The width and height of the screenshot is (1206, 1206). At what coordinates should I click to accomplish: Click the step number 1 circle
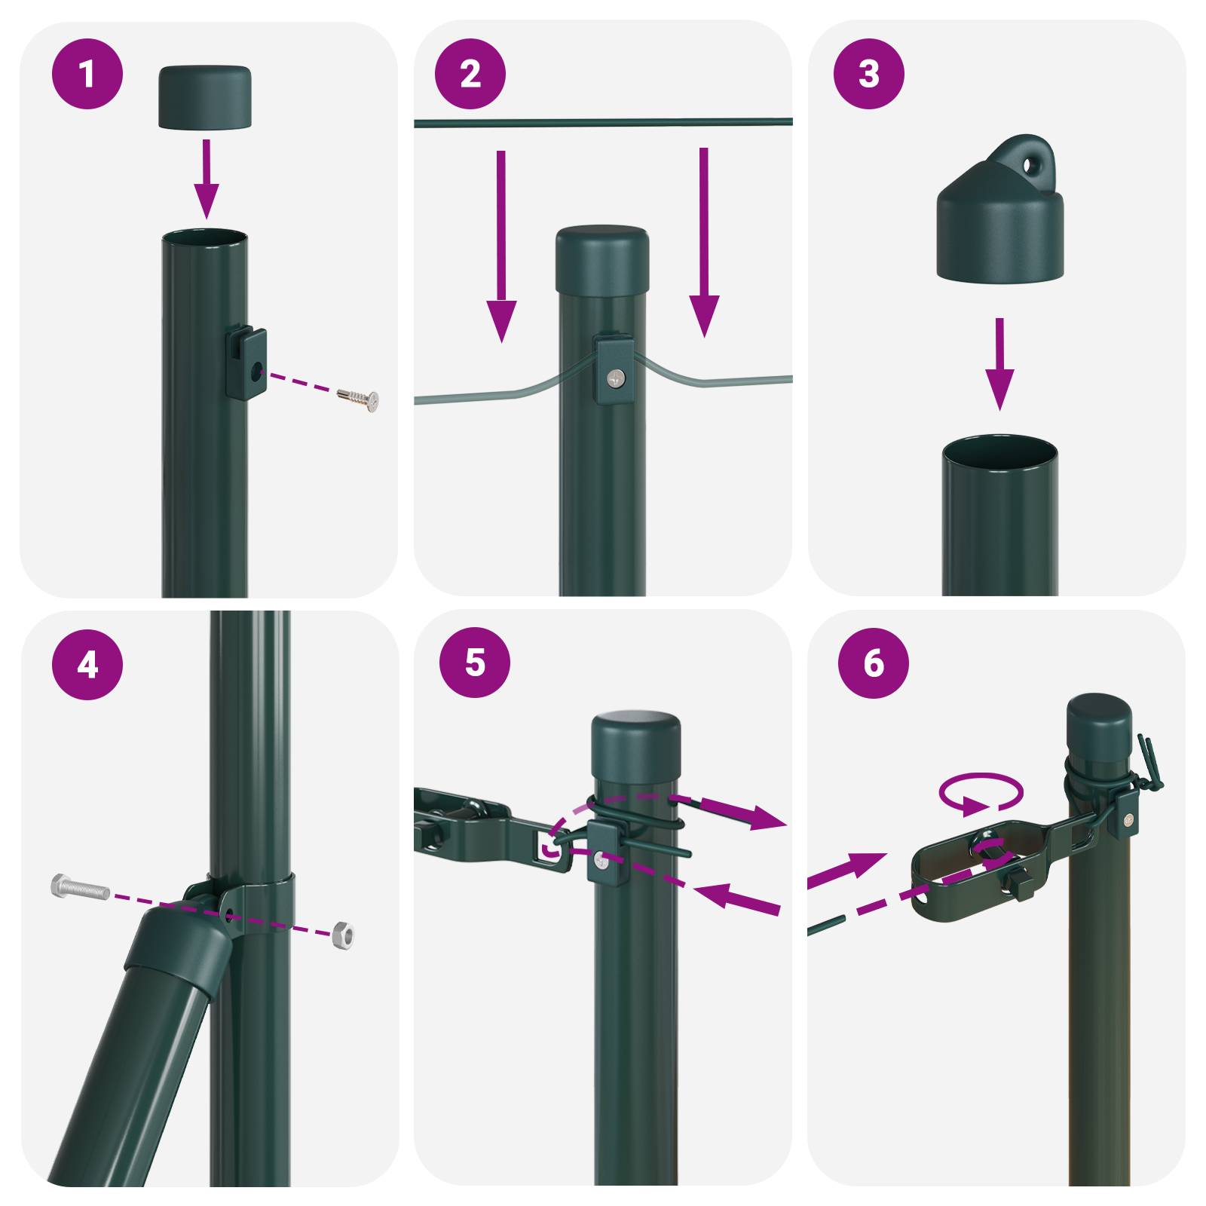tap(87, 74)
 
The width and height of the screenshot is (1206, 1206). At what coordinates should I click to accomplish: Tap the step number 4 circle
tap(87, 664)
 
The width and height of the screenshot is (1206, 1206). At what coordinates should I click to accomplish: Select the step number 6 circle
tap(874, 663)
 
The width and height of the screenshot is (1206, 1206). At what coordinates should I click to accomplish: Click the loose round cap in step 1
tap(204, 97)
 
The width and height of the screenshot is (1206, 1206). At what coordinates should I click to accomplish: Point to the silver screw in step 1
tap(359, 399)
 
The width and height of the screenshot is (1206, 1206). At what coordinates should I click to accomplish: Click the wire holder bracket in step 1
tap(246, 363)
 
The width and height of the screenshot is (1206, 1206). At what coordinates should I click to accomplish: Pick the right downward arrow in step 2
tap(704, 241)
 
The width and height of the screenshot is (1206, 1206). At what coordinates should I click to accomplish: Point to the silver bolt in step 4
tap(79, 887)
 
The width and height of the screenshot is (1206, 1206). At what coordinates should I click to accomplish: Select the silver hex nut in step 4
tap(343, 935)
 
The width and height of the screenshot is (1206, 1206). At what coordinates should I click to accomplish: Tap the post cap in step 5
tap(636, 750)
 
